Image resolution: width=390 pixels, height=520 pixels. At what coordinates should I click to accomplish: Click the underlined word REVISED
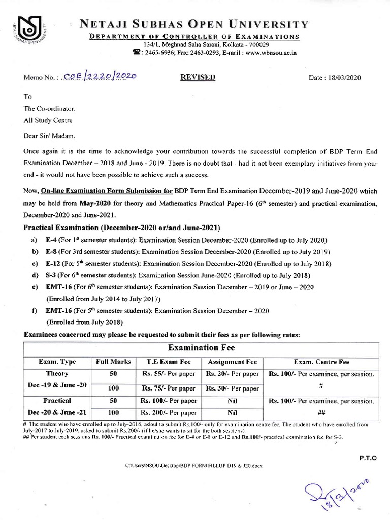[198, 77]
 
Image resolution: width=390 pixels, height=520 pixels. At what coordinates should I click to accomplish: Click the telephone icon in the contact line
[136, 52]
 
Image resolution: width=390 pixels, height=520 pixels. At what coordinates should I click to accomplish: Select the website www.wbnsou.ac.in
[271, 52]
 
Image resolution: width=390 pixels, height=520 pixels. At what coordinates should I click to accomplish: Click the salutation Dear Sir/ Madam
[49, 136]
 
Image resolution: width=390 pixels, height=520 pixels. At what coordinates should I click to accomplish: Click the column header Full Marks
[114, 362]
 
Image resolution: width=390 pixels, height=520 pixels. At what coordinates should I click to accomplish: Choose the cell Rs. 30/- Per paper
[233, 388]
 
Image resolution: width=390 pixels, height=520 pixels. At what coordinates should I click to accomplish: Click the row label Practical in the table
[57, 401]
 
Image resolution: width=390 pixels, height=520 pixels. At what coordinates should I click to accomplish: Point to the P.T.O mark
[368, 458]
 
